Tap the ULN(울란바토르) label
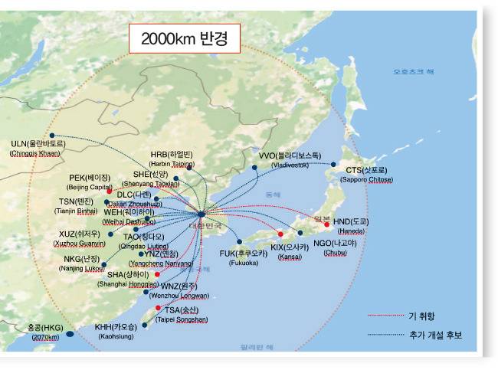coord(38,143)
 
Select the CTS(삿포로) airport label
coord(366,169)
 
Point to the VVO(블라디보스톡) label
coord(290,155)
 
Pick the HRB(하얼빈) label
coord(172,153)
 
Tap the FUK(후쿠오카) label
coord(244,253)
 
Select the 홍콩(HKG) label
coord(46,326)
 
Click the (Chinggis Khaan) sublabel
coord(34,154)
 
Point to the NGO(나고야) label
coord(336,243)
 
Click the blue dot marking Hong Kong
coord(70,333)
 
